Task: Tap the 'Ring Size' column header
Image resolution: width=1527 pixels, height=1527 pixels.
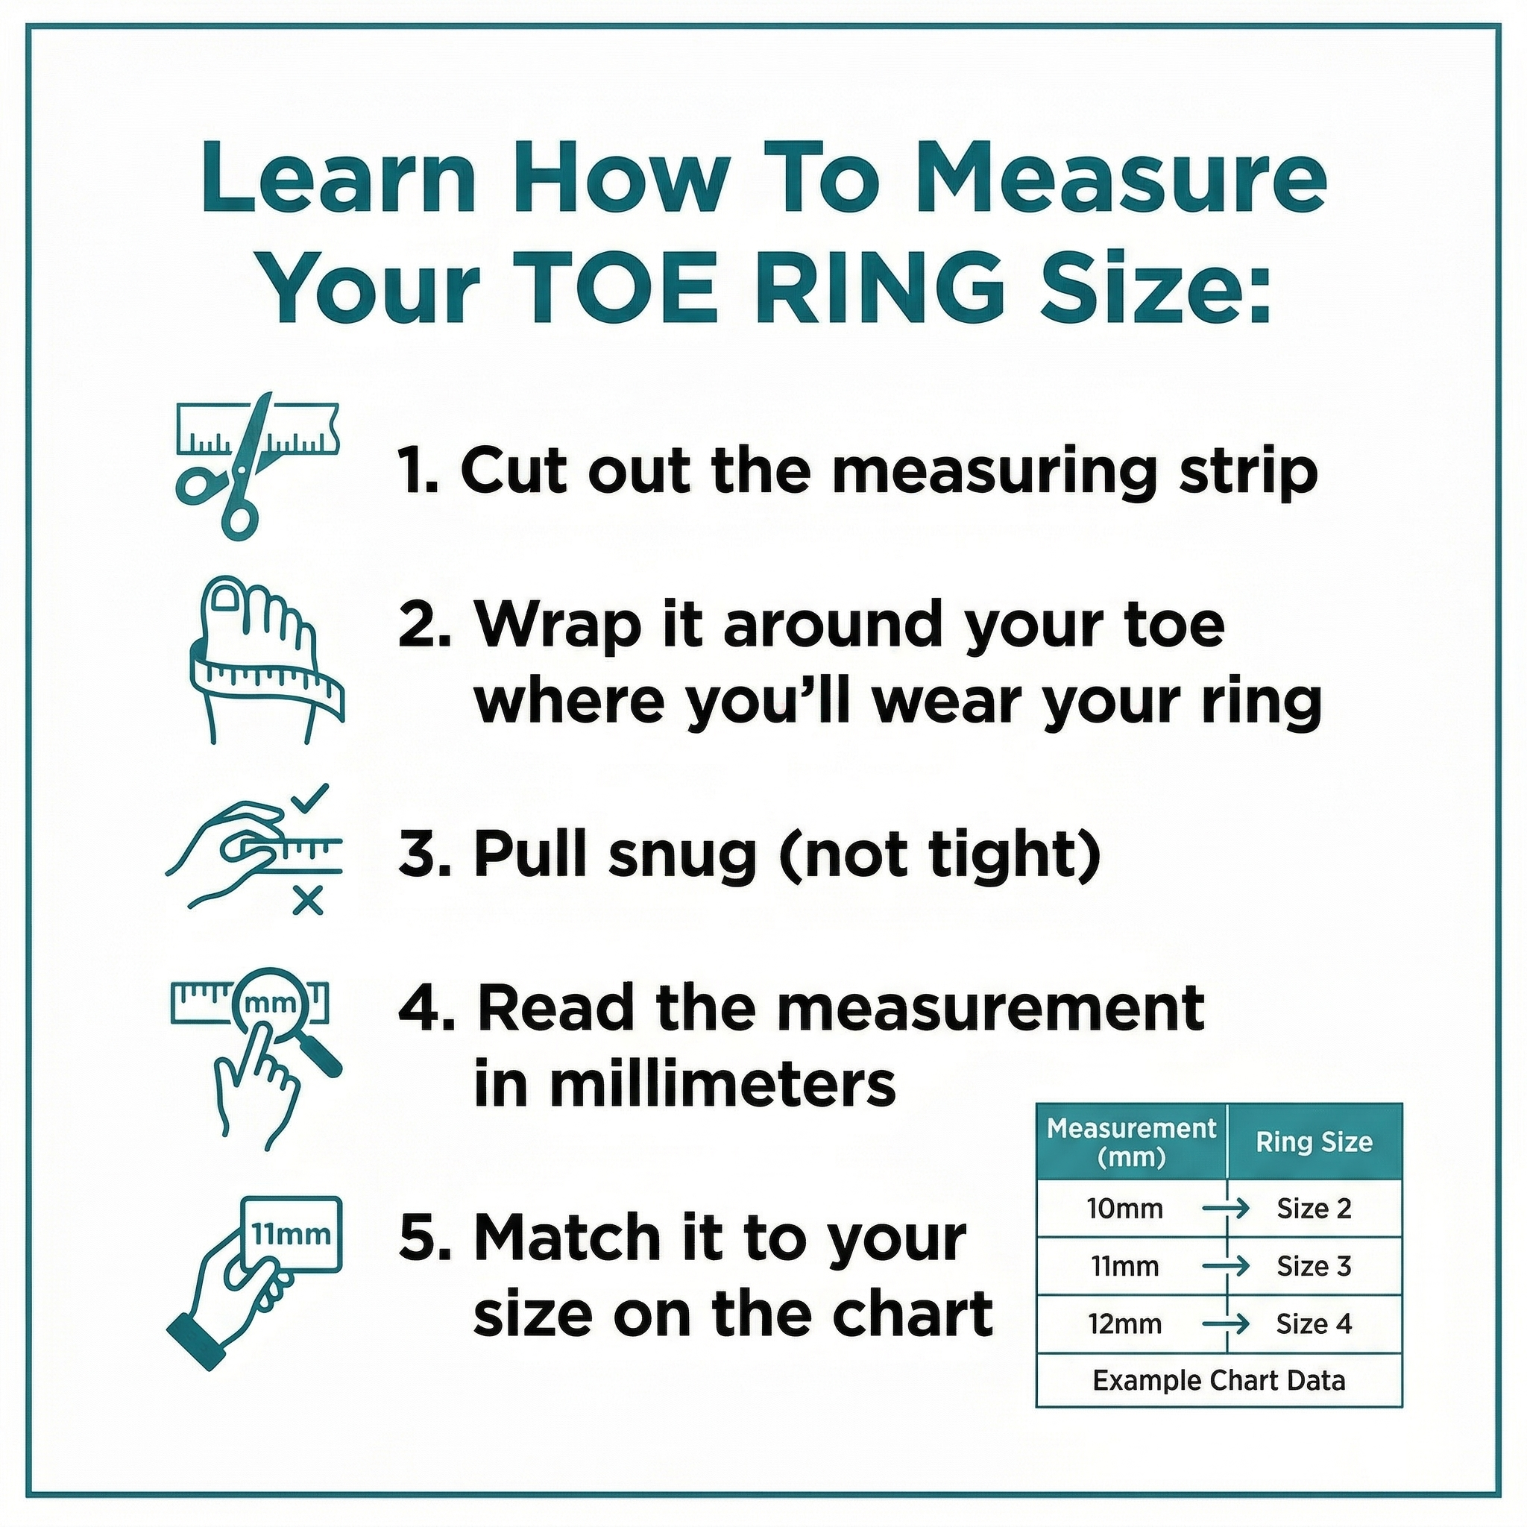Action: (x=1314, y=1142)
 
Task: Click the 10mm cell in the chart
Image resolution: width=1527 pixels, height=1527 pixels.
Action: (x=1124, y=1209)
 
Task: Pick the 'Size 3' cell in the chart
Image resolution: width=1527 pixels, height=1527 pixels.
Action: (x=1314, y=1266)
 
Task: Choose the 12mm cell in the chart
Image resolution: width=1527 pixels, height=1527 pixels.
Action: (x=1124, y=1324)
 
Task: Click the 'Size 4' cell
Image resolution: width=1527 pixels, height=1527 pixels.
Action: (x=1314, y=1324)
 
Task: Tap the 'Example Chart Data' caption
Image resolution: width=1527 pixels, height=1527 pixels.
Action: (x=1219, y=1381)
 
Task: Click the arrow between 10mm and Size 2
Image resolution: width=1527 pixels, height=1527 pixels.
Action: (x=1226, y=1209)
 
